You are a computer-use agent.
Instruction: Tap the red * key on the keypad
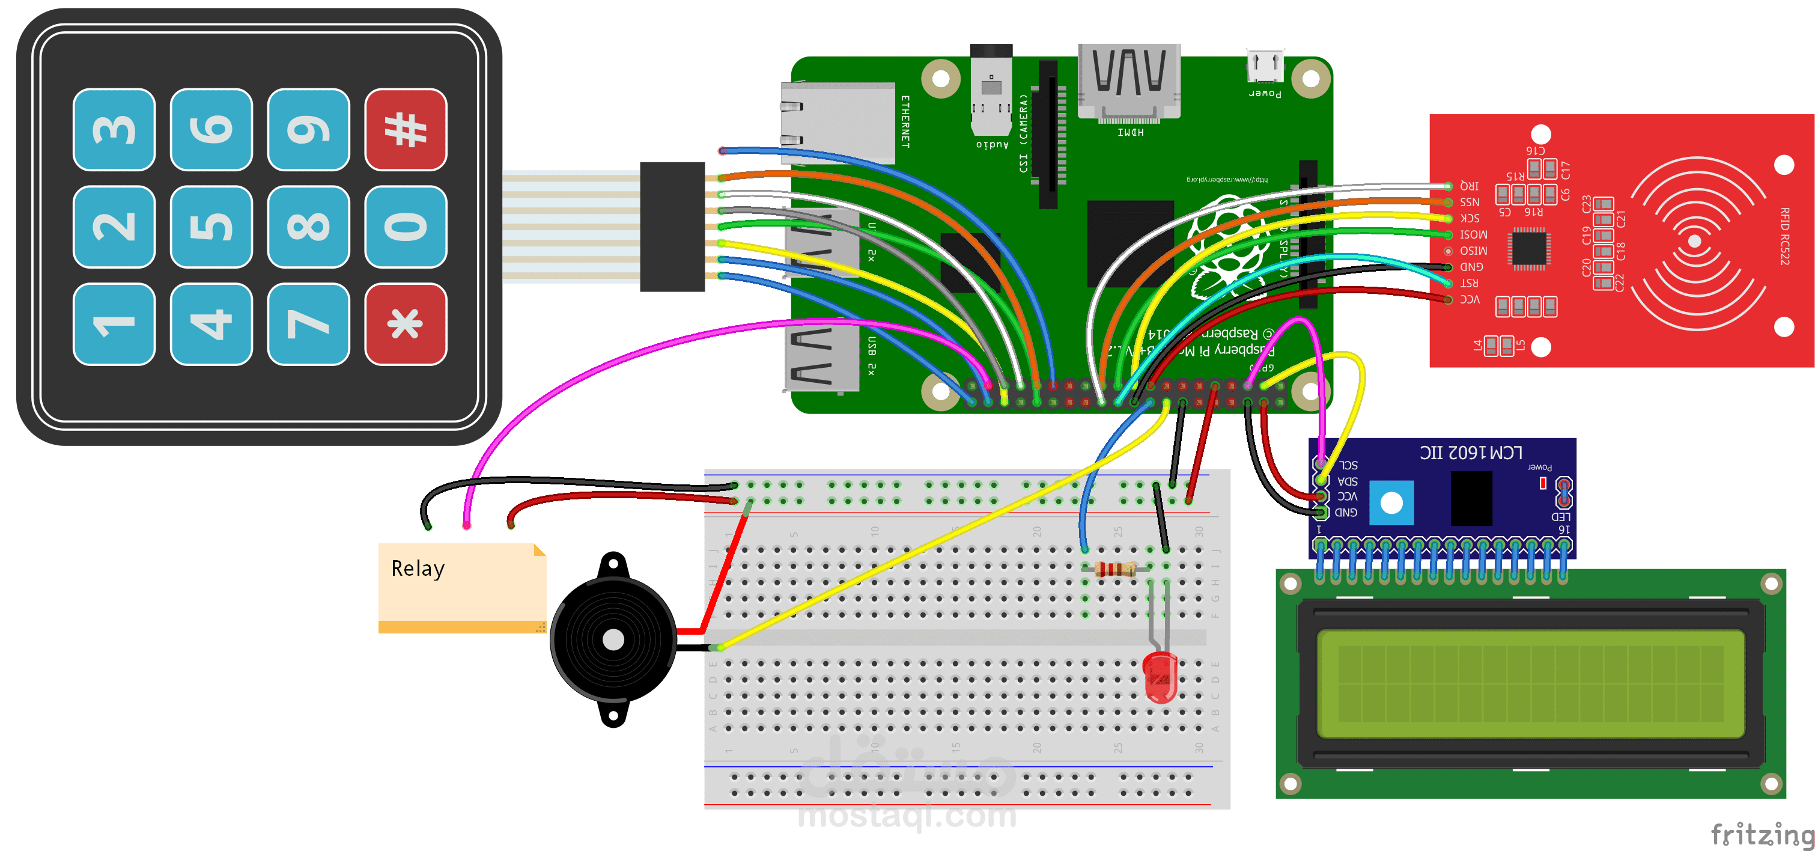tap(405, 325)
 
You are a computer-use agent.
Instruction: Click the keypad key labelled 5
tap(211, 227)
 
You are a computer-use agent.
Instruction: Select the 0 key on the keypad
tap(405, 227)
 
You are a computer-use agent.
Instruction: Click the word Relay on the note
tap(418, 569)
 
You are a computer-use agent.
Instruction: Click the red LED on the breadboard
tap(1160, 677)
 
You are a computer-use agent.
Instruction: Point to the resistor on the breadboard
tap(1115, 569)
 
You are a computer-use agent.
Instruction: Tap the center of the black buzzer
tap(613, 639)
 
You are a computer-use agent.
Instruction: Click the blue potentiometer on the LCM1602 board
tap(1391, 502)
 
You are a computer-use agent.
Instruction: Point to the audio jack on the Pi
tap(991, 92)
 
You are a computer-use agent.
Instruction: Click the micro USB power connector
tap(1265, 66)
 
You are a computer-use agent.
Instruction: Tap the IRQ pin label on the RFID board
tap(1469, 186)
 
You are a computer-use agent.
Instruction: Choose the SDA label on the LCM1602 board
tap(1347, 481)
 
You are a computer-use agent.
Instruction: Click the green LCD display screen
tap(1530, 683)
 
